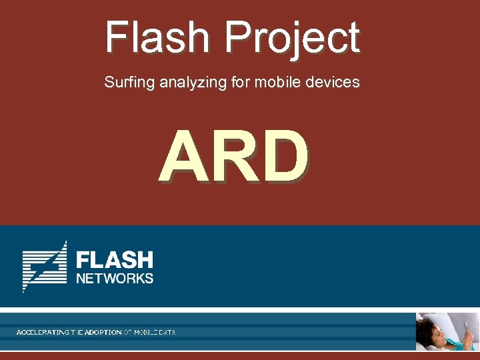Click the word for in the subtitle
pos(235,83)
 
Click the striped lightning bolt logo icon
pos(45,266)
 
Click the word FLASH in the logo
pos(115,259)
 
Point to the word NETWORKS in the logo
pos(115,278)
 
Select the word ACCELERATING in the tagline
pos(43,331)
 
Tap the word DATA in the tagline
pos(167,331)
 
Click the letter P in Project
pos(238,37)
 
